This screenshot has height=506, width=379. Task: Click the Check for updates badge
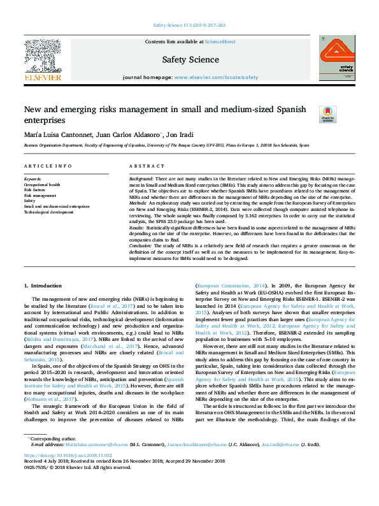click(327, 114)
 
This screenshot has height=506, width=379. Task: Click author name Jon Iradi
click(181, 135)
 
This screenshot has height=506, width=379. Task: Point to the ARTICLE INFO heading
click(48, 166)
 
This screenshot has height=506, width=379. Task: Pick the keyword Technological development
click(50, 212)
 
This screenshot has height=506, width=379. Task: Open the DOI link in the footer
click(68, 474)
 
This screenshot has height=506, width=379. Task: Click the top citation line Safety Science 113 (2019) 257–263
click(189, 25)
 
